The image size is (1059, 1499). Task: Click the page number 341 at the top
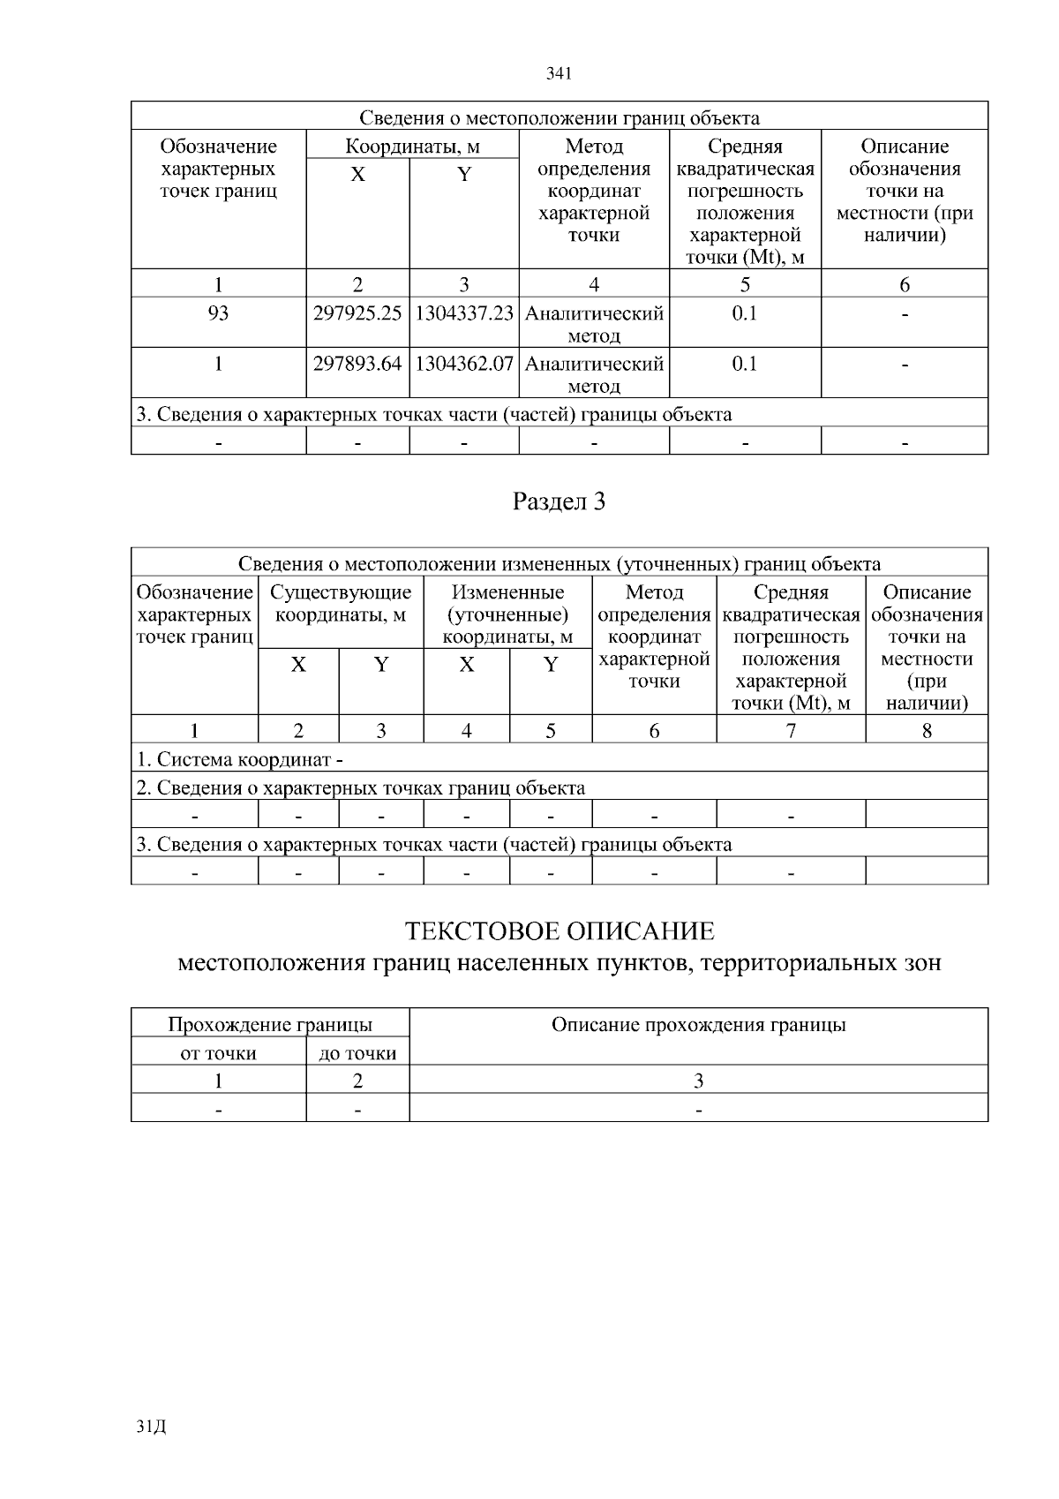coord(560,73)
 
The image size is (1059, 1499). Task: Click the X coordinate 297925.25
coord(357,313)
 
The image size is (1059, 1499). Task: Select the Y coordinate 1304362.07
coord(463,364)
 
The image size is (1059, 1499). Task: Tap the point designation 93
coord(218,313)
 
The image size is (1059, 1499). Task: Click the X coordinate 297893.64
coord(357,364)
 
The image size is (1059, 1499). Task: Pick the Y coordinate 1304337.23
coord(463,313)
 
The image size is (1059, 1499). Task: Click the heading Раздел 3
coord(560,501)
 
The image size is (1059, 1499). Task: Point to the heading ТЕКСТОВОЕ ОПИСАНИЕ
coord(560,931)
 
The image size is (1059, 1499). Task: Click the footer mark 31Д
coord(151,1427)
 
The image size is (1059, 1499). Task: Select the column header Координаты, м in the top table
coord(412,147)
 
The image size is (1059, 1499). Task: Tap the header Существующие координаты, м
coord(341,604)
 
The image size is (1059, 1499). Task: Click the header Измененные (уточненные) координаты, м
coord(507,614)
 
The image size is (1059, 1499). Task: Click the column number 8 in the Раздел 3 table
coord(927,730)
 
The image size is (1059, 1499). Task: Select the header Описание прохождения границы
coord(698,1025)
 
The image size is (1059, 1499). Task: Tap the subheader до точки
coord(357,1053)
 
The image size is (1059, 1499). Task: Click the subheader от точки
coord(218,1053)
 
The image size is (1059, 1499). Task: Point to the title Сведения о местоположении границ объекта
coord(560,118)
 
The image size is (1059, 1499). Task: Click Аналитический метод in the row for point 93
coord(594,324)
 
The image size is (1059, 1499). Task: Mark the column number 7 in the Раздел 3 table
coord(791,730)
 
